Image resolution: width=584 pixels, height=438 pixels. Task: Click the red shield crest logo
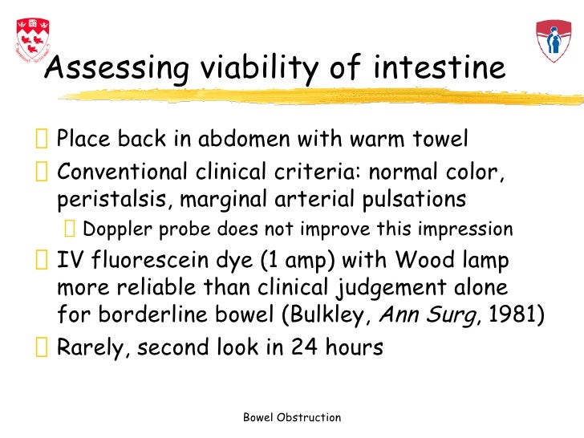[30, 39]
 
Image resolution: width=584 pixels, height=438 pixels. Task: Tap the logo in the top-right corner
[553, 41]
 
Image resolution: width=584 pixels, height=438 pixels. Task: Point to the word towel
[438, 140]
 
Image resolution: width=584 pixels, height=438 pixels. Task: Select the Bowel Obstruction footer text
[292, 417]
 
